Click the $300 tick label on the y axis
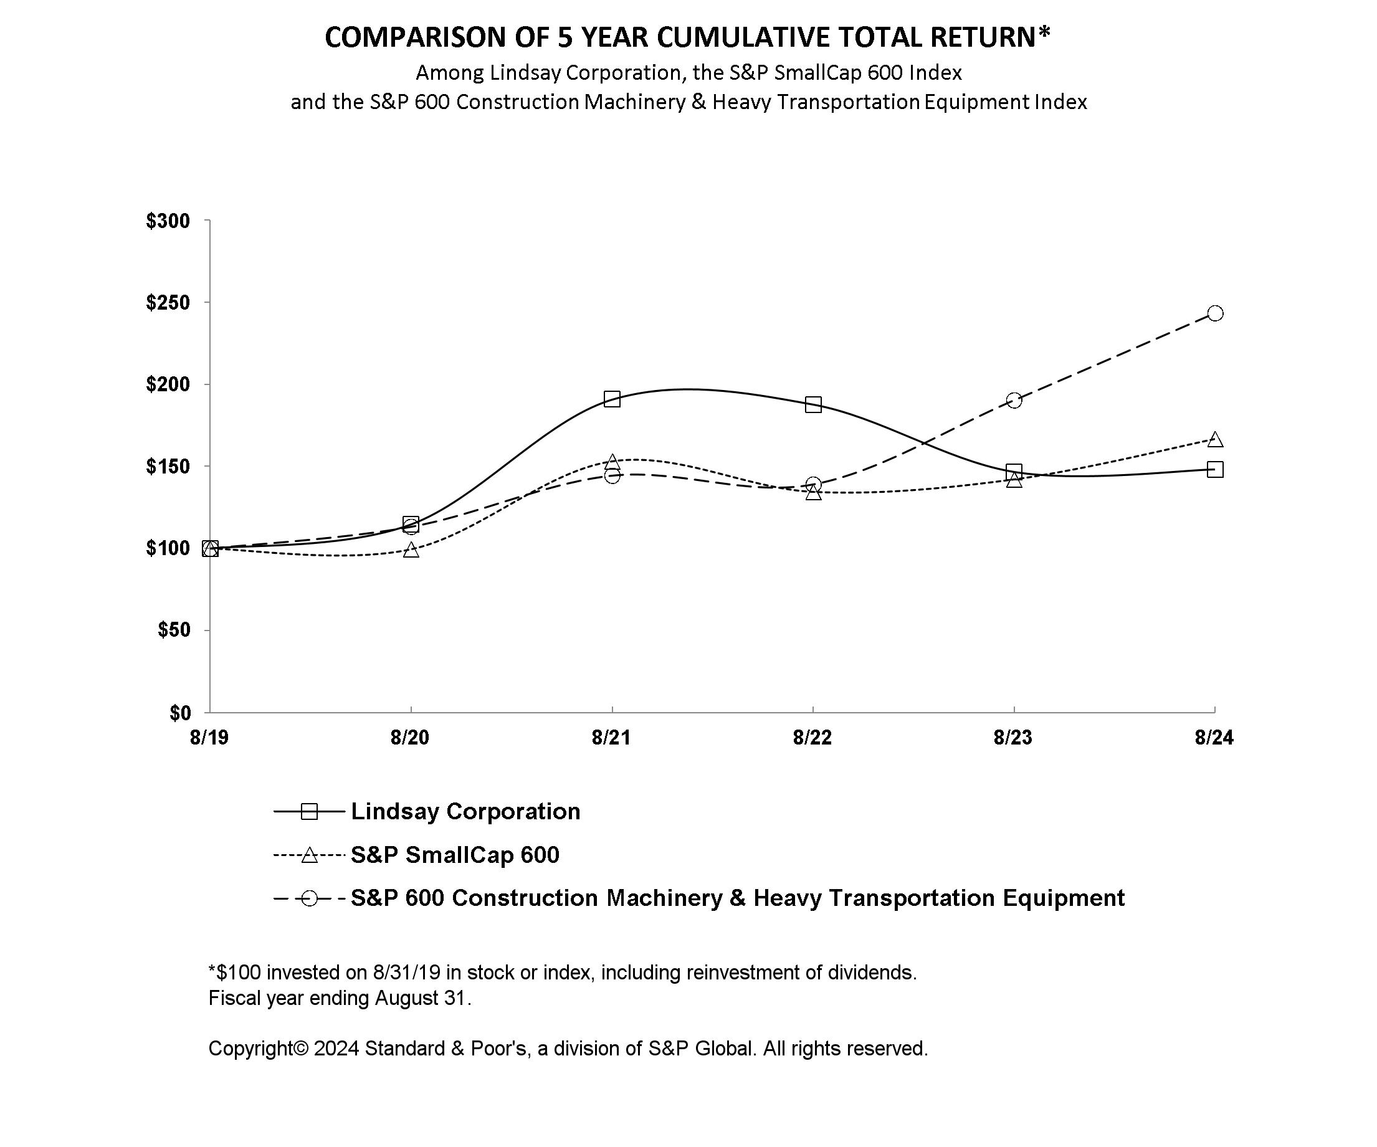point(168,221)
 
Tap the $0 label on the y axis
point(179,713)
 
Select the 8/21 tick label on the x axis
point(611,738)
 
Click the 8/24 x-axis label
point(1214,738)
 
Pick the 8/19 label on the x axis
point(209,738)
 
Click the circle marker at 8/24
point(1214,313)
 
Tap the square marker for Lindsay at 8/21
point(612,399)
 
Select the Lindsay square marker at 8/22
point(813,404)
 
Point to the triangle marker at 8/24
point(1214,439)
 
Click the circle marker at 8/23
point(1014,400)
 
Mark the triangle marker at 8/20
point(411,550)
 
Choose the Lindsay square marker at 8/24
point(1214,469)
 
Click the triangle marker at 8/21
point(612,462)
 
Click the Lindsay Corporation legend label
point(465,811)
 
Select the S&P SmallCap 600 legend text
point(455,855)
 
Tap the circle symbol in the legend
point(309,898)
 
